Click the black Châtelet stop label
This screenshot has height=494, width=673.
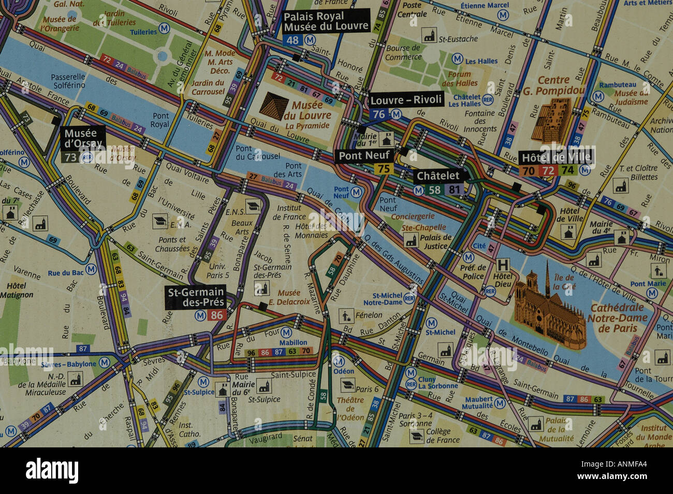[438, 176]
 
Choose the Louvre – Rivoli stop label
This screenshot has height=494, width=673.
[406, 99]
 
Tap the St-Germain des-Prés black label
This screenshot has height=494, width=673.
[196, 297]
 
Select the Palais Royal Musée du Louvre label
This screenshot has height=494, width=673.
[326, 21]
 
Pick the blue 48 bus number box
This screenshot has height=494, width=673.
[292, 40]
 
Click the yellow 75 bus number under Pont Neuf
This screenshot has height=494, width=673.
[384, 169]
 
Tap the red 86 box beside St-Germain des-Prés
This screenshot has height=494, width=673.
[217, 315]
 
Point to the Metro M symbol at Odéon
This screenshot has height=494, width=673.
[339, 360]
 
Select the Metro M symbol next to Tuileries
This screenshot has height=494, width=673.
[164, 28]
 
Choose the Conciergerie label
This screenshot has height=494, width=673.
[413, 216]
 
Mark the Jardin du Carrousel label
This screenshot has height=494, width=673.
[208, 87]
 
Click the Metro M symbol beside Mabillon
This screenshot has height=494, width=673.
[286, 332]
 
